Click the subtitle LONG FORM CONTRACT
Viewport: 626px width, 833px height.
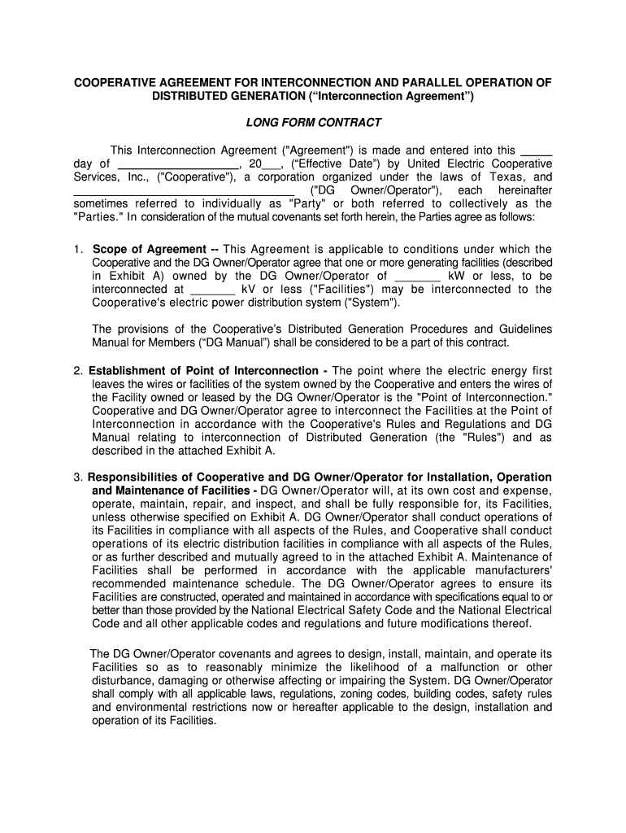313,123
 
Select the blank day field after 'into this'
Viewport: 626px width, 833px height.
536,150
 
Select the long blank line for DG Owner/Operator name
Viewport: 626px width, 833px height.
184,190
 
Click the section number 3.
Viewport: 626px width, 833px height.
78,478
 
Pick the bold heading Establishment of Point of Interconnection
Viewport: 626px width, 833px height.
203,371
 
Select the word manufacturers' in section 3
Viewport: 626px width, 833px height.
512,570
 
